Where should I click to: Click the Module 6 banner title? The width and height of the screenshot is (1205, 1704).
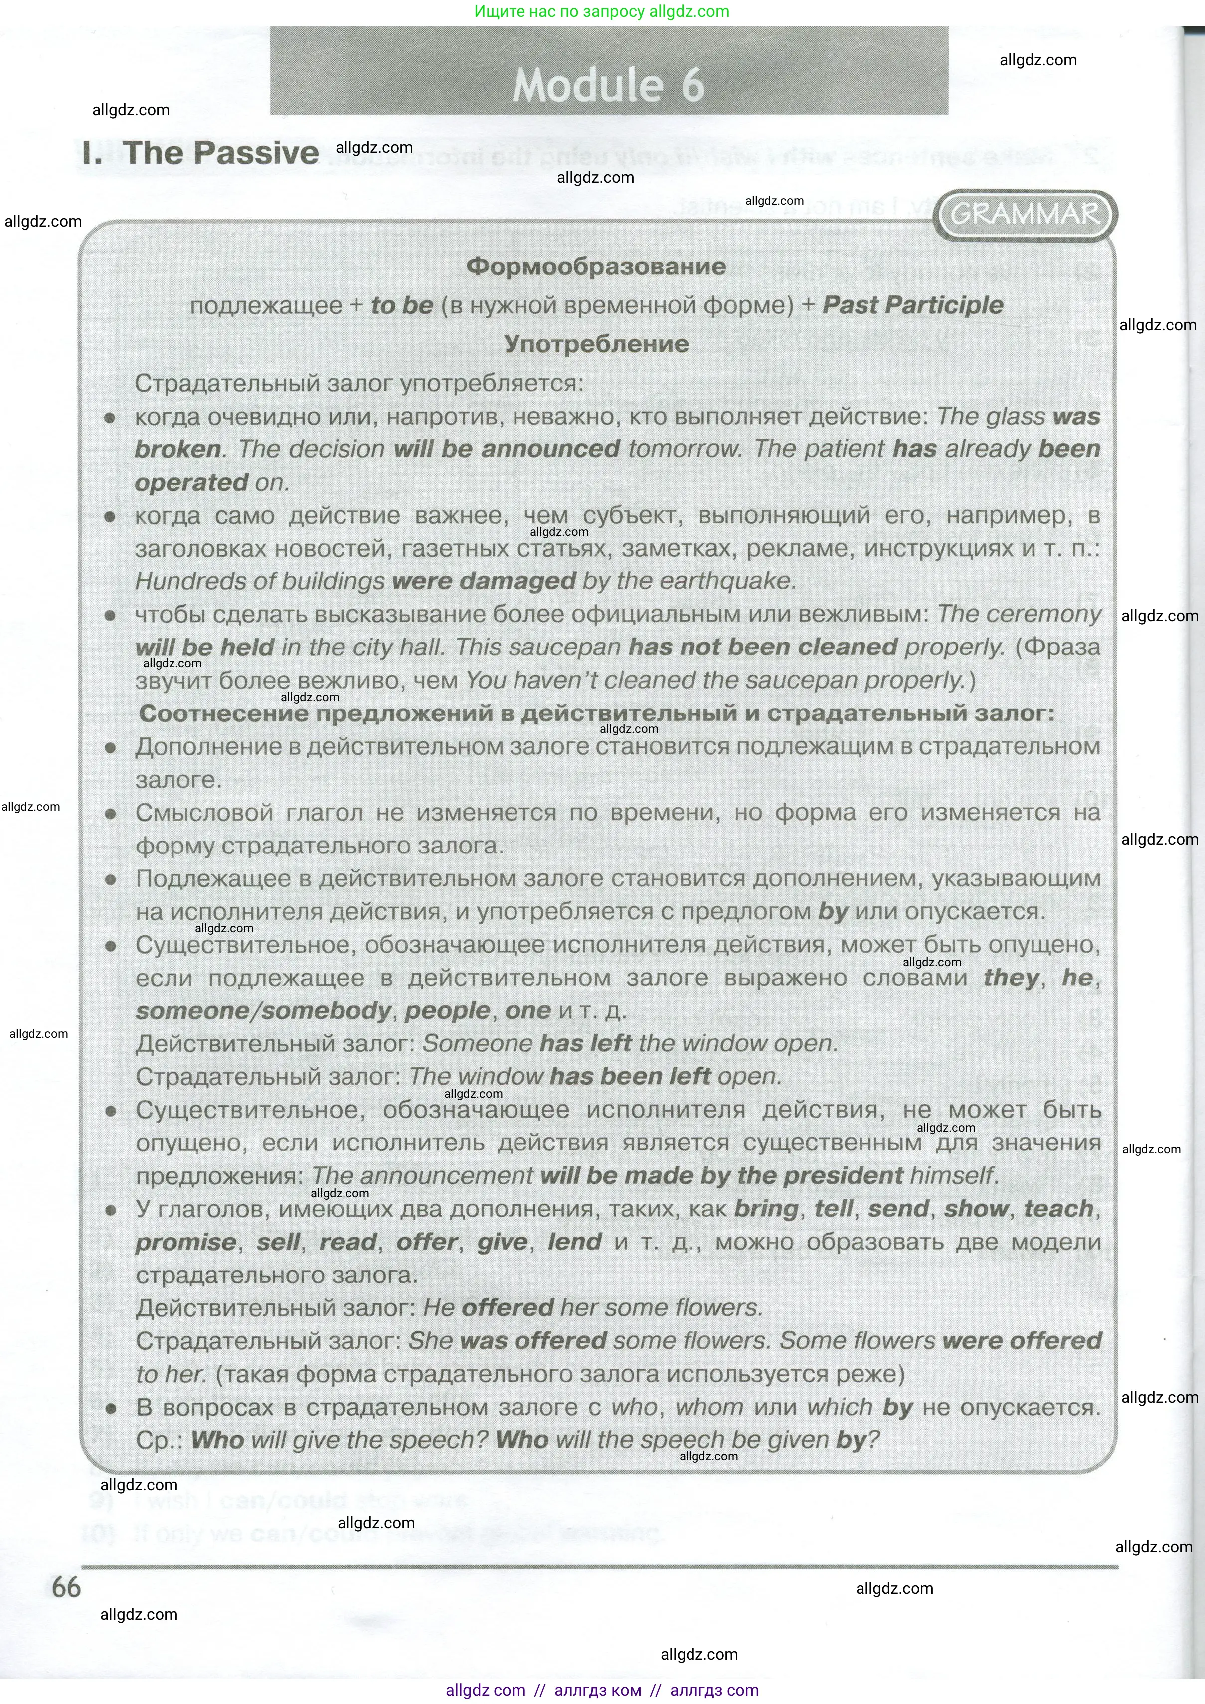(x=608, y=85)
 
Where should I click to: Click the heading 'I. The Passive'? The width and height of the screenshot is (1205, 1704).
(x=200, y=153)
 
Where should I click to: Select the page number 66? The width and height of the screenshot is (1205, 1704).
(x=66, y=1587)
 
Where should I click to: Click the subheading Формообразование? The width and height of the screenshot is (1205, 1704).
(x=596, y=267)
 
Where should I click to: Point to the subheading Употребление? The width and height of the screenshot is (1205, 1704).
(x=596, y=344)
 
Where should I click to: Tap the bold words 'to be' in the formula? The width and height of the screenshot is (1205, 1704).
(x=402, y=305)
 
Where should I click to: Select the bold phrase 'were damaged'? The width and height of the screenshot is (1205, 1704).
(x=483, y=581)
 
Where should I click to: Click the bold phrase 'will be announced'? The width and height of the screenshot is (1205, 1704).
(x=507, y=449)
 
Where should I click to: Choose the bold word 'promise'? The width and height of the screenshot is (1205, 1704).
(x=185, y=1242)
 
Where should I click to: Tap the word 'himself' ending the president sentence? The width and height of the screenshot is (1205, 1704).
(x=952, y=1175)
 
